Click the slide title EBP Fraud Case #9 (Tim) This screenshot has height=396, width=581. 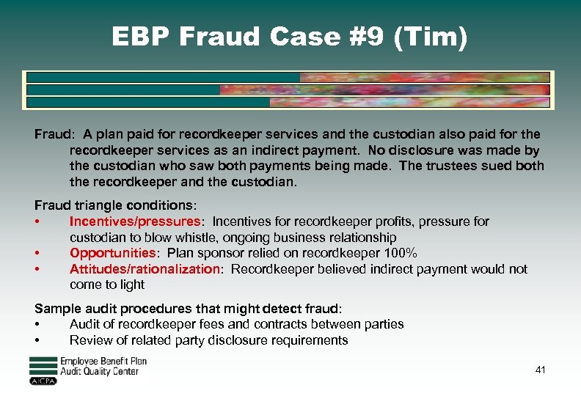coord(289,37)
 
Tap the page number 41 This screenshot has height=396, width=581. coord(541,370)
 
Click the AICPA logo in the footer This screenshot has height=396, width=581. coord(43,381)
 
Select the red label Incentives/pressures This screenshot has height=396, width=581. coord(134,221)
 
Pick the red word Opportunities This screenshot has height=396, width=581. coord(112,253)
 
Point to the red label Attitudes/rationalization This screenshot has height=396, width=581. coord(145,269)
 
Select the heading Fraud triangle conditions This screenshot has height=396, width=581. coord(115,205)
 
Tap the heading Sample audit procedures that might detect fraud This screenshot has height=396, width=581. coord(188,309)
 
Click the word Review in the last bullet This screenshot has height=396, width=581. coord(89,340)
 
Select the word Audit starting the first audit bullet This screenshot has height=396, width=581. coord(85,324)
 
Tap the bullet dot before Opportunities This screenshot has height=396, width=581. coord(37,253)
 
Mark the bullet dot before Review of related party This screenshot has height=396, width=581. coord(37,340)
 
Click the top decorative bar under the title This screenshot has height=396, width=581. coord(287,77)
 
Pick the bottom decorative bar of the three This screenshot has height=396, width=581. coord(287,103)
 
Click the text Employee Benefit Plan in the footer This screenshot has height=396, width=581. coord(103,362)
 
